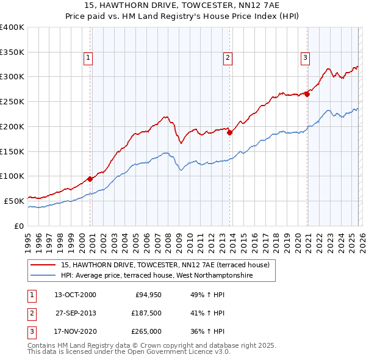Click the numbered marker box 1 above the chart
pos(88,58)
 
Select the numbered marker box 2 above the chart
pos(227,58)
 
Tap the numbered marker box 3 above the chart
pos(304,58)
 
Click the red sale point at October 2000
pos(90,179)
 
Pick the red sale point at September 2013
pos(229,132)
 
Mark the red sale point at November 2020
pos(307,93)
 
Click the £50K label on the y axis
pos(14,200)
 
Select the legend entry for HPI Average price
pos(156,276)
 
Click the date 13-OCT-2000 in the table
pos(75,295)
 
